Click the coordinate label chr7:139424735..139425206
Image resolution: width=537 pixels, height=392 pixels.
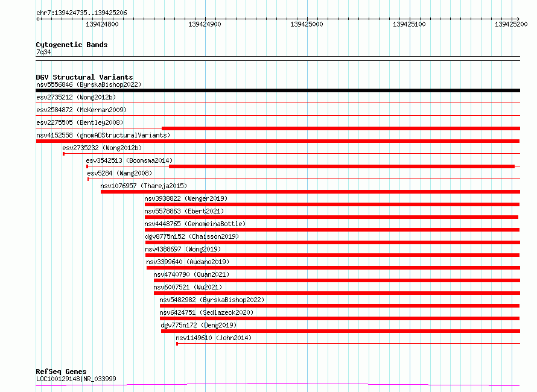[x=81, y=13]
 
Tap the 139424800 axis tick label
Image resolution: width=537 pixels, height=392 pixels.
[x=102, y=24]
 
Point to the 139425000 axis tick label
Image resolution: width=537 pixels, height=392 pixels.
[x=307, y=24]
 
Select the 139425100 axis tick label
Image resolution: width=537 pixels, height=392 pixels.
[x=409, y=24]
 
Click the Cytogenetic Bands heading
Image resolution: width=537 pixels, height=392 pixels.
[x=72, y=45]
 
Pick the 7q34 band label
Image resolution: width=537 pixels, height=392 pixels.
[x=43, y=52]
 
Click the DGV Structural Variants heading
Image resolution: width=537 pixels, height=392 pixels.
[x=84, y=77]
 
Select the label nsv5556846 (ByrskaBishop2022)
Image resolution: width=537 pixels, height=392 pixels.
[x=89, y=84]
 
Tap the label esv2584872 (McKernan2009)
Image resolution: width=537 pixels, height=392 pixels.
[x=81, y=110]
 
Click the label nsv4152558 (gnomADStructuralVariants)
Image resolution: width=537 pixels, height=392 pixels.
[x=103, y=135]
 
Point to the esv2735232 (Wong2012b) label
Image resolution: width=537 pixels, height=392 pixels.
[x=102, y=148]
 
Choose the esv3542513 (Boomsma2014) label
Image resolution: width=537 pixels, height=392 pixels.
[x=129, y=160]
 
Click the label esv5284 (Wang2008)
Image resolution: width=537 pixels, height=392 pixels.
[x=119, y=173]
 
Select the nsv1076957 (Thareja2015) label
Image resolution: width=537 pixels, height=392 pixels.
[x=144, y=186]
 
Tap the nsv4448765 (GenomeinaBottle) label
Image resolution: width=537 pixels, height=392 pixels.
[x=195, y=224]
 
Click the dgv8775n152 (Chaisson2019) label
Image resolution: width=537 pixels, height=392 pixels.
[x=192, y=236]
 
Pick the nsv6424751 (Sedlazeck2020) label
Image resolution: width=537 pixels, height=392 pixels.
[x=206, y=312]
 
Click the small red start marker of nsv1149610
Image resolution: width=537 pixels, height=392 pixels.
[x=177, y=343]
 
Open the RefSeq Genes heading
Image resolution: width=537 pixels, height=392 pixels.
[x=61, y=372]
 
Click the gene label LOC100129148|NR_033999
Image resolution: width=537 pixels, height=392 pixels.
[x=76, y=379]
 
